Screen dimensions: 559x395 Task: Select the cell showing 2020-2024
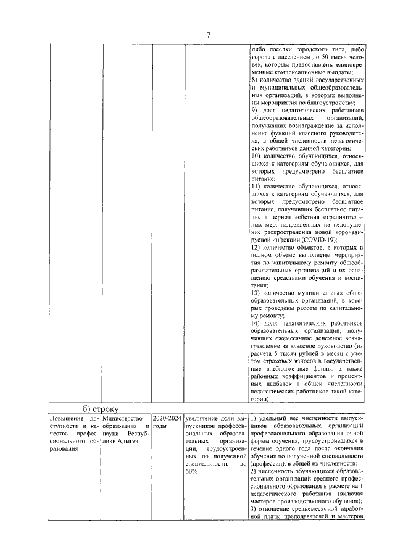point(167,418)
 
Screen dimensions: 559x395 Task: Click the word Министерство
point(123,418)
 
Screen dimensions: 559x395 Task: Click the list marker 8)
point(254,80)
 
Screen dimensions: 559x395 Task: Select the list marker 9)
point(254,109)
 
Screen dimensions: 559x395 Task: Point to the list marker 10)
point(256,156)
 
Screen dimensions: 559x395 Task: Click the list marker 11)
point(256,186)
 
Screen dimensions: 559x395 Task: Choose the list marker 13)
point(256,292)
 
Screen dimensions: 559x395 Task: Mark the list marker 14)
point(256,323)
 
